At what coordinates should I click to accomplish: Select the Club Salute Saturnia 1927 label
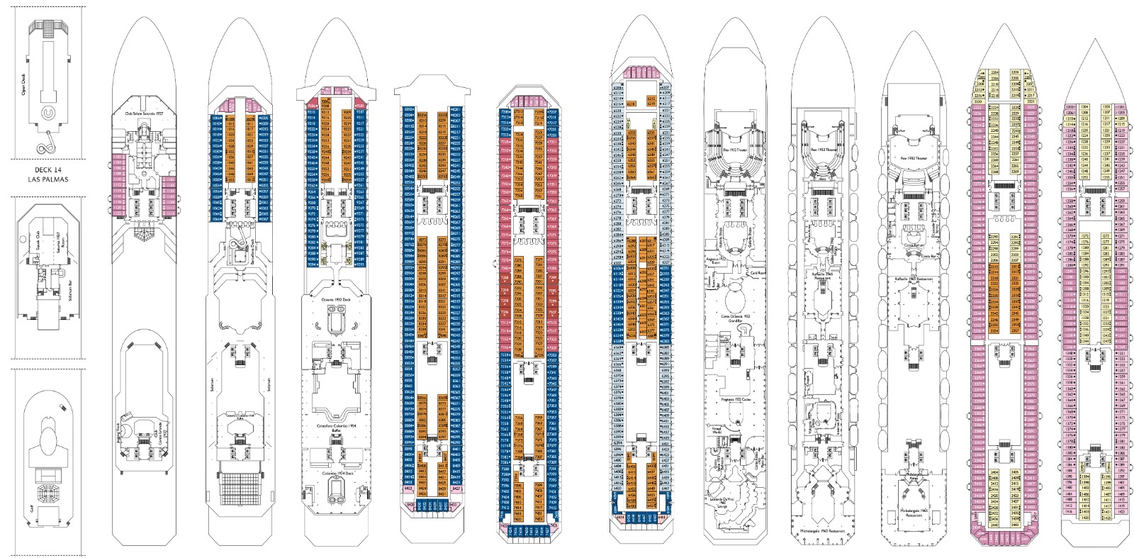pos(144,113)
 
